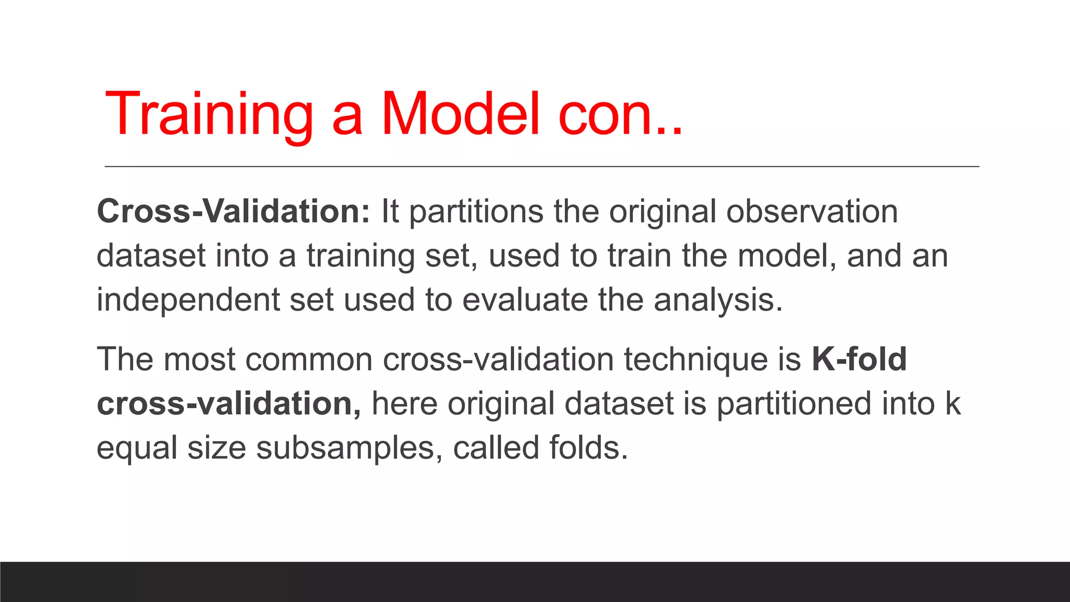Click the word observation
812,212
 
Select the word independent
188,300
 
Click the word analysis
718,300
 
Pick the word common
309,360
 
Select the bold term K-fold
859,360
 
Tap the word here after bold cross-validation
404,404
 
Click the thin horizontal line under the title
542,167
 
